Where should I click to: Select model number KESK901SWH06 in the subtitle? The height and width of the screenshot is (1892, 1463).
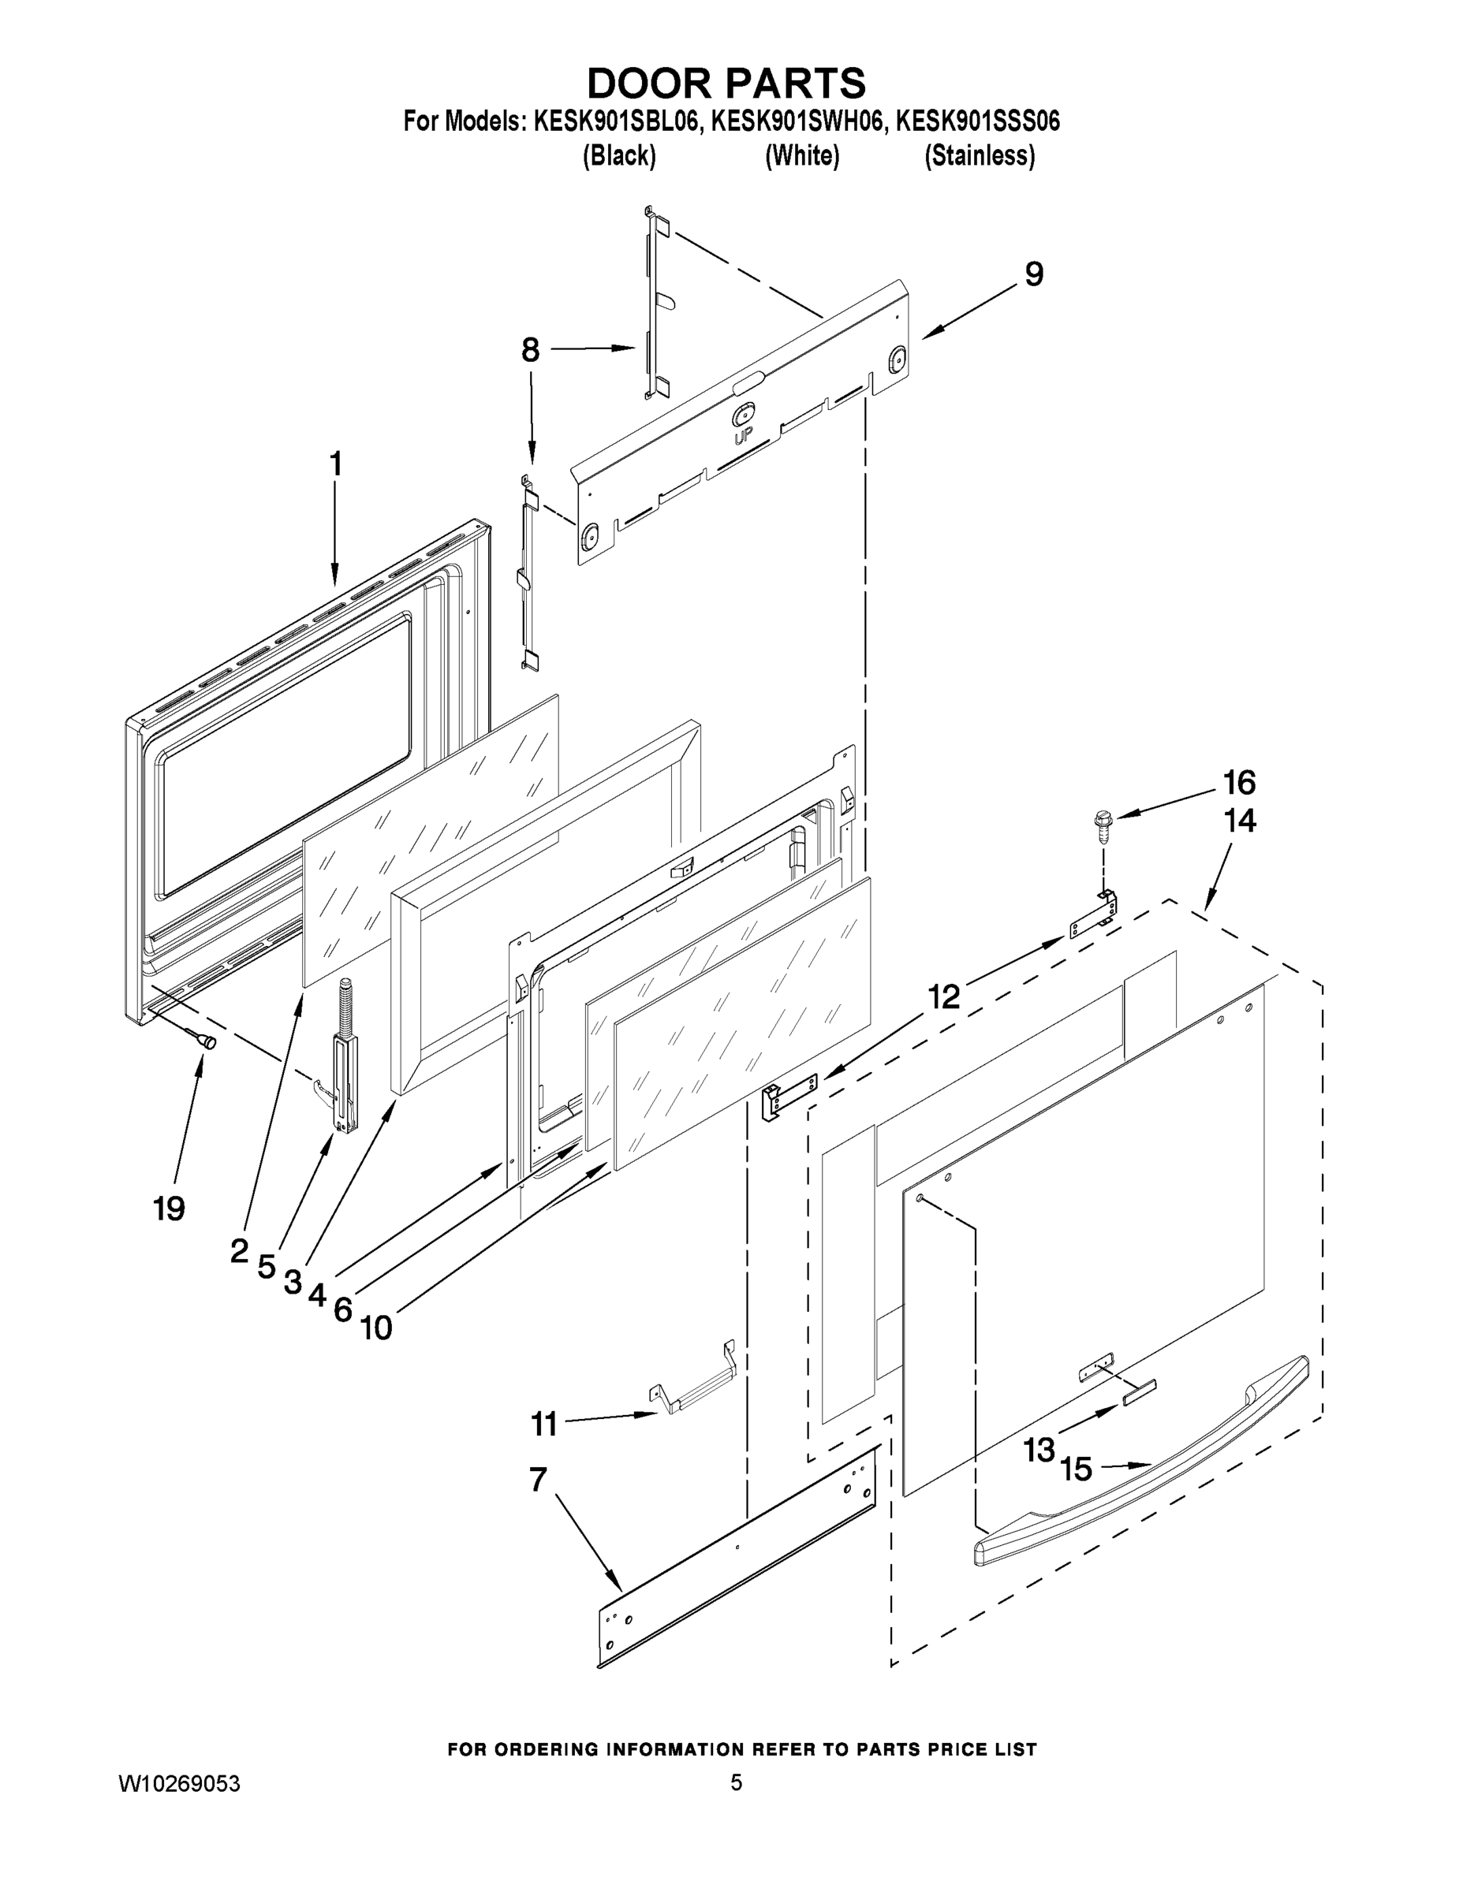(x=799, y=121)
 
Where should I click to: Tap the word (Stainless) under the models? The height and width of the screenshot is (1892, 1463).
(x=980, y=156)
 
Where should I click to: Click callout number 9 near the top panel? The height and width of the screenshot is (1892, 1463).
(x=1034, y=274)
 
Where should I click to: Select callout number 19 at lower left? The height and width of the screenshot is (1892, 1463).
(x=169, y=1208)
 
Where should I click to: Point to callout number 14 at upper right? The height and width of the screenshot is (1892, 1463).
(x=1239, y=821)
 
